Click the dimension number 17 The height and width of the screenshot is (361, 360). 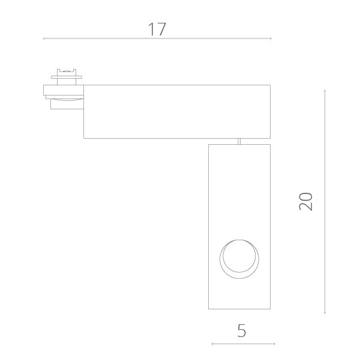click(157, 29)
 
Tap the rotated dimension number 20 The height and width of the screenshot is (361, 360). click(305, 201)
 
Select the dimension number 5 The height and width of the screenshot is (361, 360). click(242, 330)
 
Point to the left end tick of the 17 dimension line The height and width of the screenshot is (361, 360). click(44, 38)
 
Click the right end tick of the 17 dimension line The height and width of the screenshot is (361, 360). click(271, 38)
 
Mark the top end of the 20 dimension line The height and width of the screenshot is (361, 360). click(325, 91)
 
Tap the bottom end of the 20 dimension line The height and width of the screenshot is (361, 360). click(325, 313)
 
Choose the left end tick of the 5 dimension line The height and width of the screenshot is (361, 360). click(212, 344)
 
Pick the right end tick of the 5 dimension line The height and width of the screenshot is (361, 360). click(274, 344)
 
